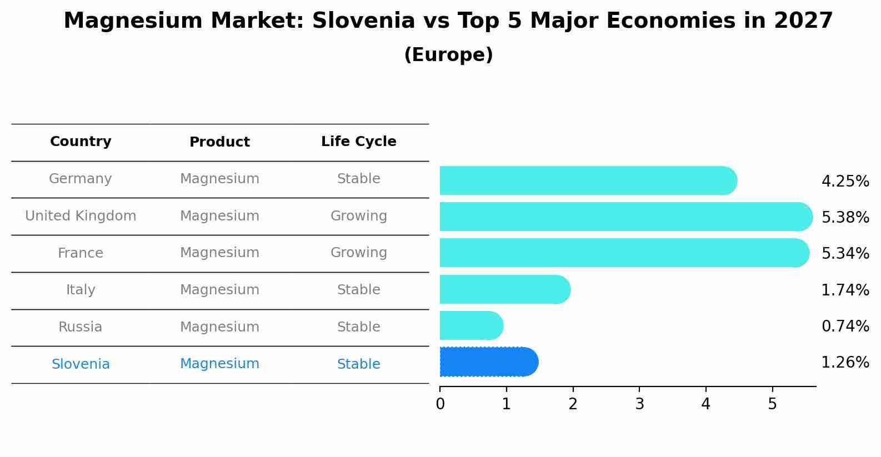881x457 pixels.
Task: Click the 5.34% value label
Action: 845,254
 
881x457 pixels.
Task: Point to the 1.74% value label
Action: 845,290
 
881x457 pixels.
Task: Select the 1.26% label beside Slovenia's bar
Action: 845,363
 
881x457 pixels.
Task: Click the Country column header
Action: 81,142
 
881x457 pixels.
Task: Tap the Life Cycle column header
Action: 358,142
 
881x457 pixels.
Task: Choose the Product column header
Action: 219,142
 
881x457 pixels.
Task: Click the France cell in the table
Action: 81,253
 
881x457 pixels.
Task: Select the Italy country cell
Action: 81,290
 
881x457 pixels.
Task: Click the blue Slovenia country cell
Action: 81,364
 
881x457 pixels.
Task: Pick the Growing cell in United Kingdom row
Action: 358,216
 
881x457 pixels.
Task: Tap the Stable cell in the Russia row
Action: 358,327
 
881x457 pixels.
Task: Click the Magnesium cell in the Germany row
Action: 219,179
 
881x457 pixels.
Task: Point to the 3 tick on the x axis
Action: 639,404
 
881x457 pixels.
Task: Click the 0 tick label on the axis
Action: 440,404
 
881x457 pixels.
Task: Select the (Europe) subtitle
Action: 448,55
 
